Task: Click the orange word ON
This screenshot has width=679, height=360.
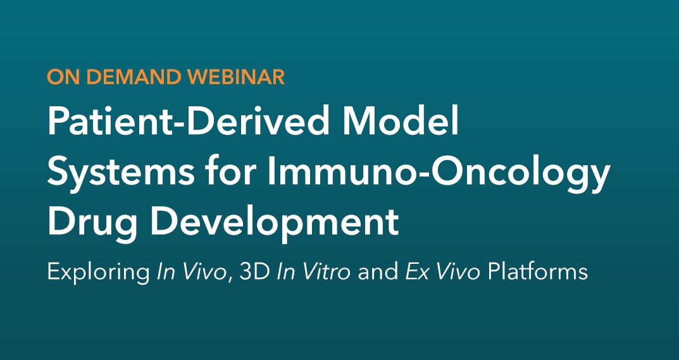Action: coord(61,77)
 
